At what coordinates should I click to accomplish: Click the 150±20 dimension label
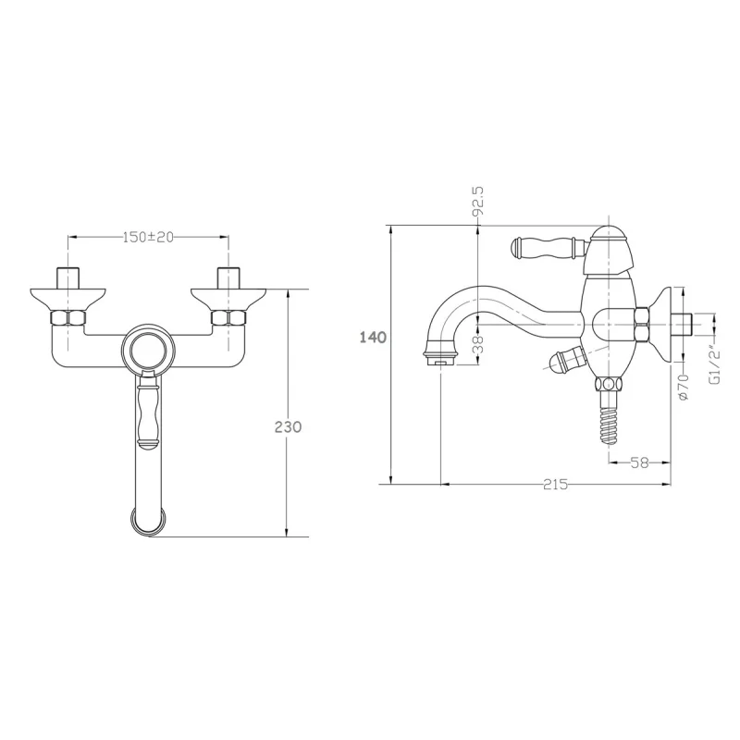(x=148, y=237)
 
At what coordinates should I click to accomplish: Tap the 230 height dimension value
(x=288, y=426)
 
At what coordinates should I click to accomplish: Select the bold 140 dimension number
(x=373, y=338)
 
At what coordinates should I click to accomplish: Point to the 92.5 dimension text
(x=478, y=201)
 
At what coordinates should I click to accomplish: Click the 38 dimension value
(x=478, y=344)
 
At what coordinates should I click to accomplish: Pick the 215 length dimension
(x=555, y=484)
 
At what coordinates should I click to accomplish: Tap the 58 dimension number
(x=639, y=463)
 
